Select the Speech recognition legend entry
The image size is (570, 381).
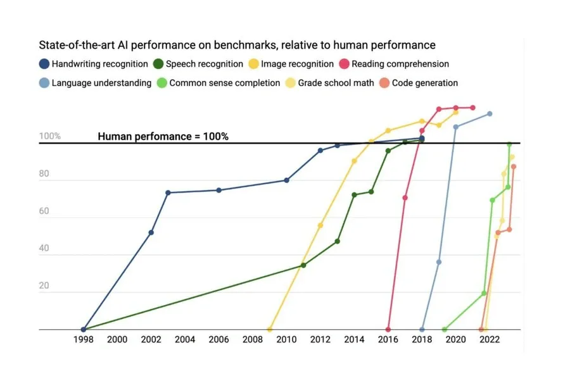198,64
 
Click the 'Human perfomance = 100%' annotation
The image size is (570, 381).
163,136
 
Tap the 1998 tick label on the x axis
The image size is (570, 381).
84,340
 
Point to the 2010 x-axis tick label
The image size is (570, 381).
286,340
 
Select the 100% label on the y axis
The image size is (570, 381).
50,136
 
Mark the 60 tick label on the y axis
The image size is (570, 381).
45,211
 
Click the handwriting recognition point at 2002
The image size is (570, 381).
151,232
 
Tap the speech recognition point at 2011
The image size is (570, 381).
303,265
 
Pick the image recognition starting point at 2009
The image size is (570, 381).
270,330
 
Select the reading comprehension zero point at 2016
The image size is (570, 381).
388,330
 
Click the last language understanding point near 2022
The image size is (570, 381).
490,114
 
